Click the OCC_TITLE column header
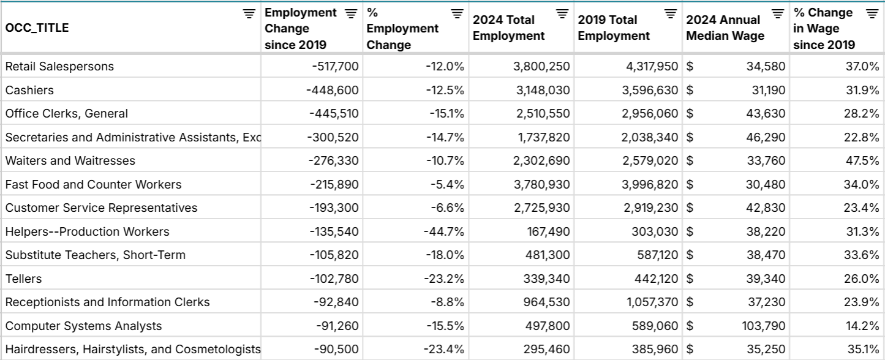pyautogui.click(x=37, y=28)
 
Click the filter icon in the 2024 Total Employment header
pyautogui.click(x=562, y=13)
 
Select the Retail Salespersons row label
pyautogui.click(x=59, y=66)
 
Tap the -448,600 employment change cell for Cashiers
pyautogui.click(x=332, y=90)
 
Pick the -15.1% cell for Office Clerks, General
pyautogui.click(x=445, y=113)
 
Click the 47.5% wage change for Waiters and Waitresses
pyautogui.click(x=861, y=160)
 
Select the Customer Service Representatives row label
pyautogui.click(x=101, y=208)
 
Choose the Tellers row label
pyautogui.click(x=24, y=279)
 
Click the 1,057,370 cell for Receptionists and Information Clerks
pyautogui.click(x=650, y=302)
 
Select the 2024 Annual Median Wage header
pyautogui.click(x=725, y=28)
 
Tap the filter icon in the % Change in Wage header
pyautogui.click(x=872, y=13)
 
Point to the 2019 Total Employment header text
pyautogui.click(x=613, y=28)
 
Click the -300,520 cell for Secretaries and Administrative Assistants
pyautogui.click(x=333, y=137)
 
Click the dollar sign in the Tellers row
pyautogui.click(x=690, y=279)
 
